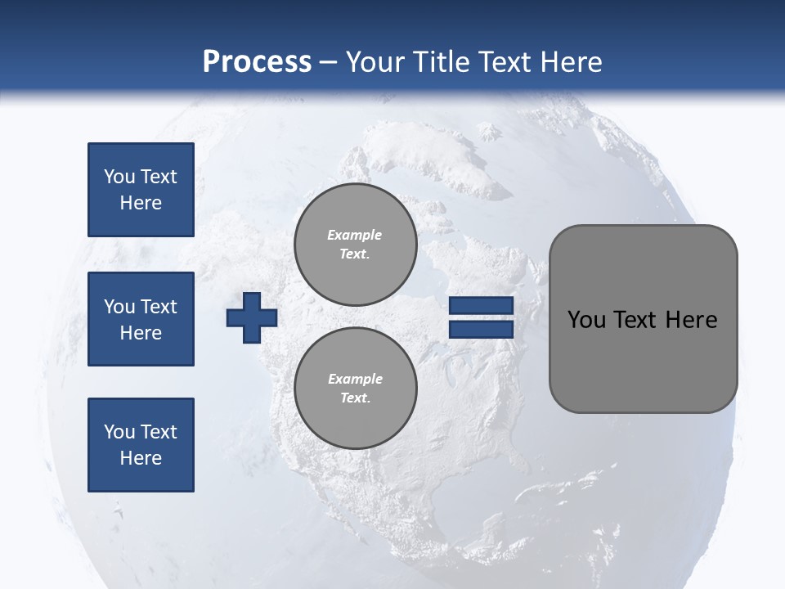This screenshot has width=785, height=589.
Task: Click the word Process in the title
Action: pos(257,62)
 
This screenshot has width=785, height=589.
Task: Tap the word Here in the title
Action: pos(570,62)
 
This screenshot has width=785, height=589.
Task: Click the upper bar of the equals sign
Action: pos(481,305)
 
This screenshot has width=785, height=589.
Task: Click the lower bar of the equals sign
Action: pos(481,329)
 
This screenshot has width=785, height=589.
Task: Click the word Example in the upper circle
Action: pos(355,235)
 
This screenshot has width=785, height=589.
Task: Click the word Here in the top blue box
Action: pos(141,203)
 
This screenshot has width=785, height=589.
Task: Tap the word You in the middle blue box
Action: pos(119,307)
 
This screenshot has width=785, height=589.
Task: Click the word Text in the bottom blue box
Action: pos(159,432)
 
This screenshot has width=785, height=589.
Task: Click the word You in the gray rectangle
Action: pos(586,320)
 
